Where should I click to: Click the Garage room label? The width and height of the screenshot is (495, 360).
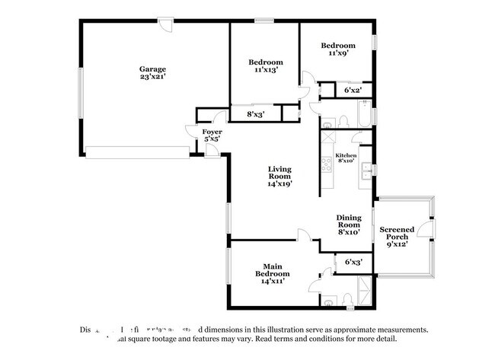[152, 68]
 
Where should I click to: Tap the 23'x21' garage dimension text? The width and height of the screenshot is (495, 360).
[152, 77]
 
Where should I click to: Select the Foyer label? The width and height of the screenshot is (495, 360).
[212, 132]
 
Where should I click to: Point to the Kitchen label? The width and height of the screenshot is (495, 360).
[346, 155]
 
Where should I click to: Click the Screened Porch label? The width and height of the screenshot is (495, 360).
[398, 233]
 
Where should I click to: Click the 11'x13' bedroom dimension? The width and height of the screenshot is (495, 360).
[266, 70]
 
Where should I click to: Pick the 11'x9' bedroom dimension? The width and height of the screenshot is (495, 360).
[337, 53]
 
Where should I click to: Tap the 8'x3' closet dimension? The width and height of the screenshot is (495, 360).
[255, 114]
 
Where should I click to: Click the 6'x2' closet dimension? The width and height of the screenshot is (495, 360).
[353, 91]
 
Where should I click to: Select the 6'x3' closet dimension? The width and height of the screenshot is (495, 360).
[353, 262]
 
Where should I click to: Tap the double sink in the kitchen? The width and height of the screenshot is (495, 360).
[366, 169]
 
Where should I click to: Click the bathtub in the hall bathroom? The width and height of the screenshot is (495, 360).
[362, 118]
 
